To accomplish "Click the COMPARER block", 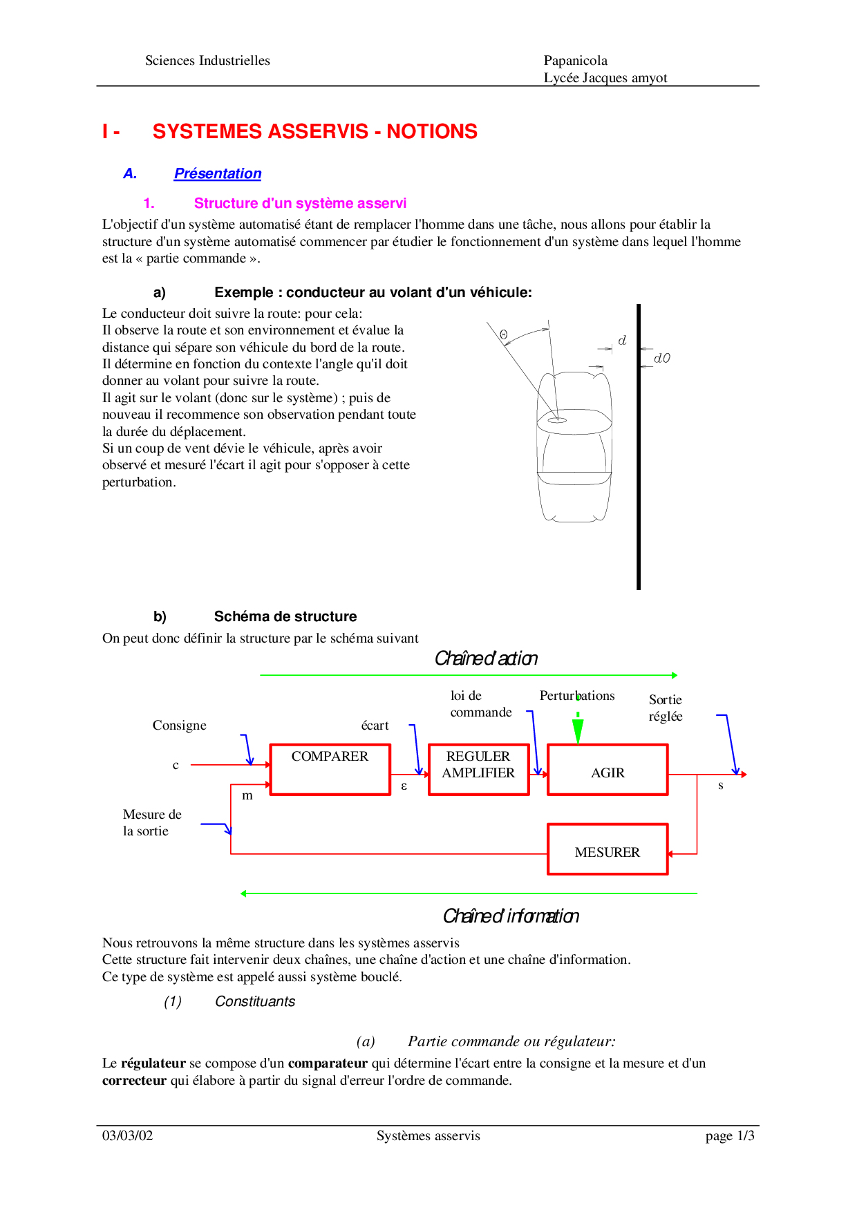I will click(330, 769).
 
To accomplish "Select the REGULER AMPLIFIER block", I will click(478, 769).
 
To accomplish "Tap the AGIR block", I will click(608, 770).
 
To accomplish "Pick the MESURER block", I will click(608, 849).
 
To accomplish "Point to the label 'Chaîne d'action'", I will click(486, 659).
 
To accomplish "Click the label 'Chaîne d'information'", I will click(511, 916).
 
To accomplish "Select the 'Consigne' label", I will click(180, 726).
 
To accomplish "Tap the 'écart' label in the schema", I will click(375, 726).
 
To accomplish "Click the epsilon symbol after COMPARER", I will click(404, 786).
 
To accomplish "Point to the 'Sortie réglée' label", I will click(666, 708).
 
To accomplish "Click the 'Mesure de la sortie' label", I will click(152, 823).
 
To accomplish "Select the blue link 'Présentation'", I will click(218, 173).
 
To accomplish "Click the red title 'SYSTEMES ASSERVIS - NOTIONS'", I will click(314, 131).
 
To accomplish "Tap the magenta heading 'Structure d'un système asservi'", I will click(300, 203).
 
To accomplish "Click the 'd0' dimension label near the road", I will click(662, 358).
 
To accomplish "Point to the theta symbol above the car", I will click(504, 335).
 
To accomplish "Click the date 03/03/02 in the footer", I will click(128, 1136).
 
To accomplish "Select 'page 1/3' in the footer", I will click(730, 1136).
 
